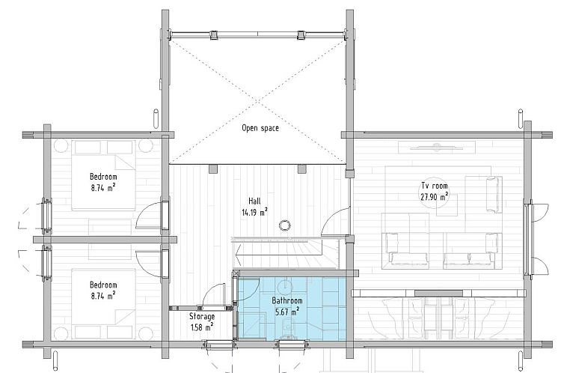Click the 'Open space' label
coord(260,128)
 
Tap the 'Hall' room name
coord(254,201)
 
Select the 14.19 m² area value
coord(254,212)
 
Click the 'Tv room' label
coord(435,186)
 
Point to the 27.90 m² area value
coord(435,196)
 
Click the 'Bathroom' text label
coord(287,300)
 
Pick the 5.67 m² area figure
coord(287,312)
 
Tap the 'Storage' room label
coord(202,317)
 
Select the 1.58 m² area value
coord(202,327)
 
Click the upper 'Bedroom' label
coord(103,177)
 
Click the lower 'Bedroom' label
coord(103,285)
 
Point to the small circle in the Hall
coord(284,225)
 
